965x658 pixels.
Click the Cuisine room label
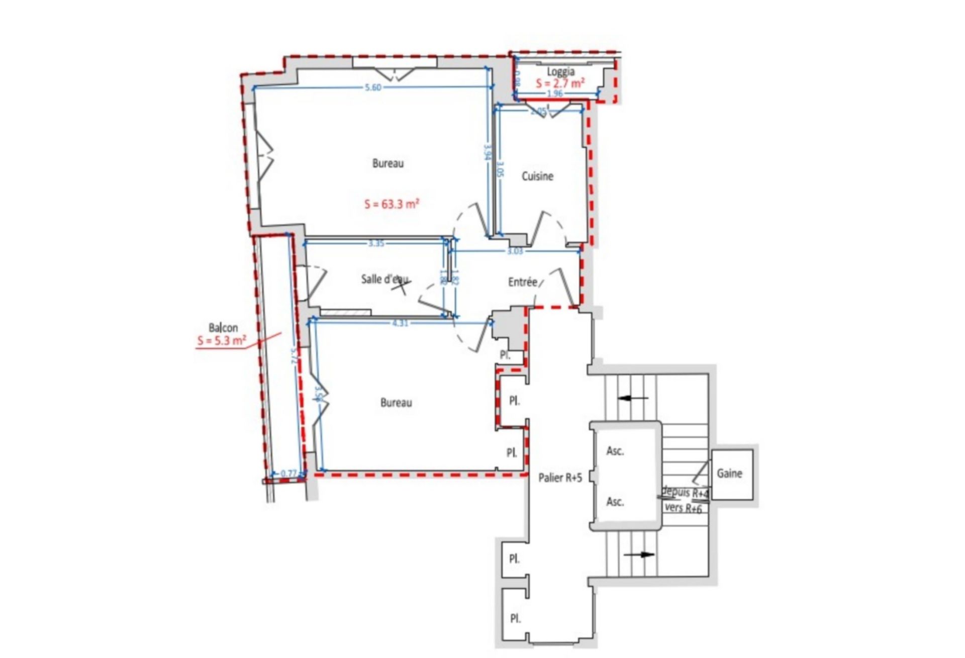[537, 176]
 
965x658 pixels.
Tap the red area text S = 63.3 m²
[392, 204]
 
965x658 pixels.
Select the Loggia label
[560, 72]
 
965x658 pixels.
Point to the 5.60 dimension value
[372, 87]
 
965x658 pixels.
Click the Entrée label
[522, 282]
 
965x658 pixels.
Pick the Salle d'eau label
[385, 279]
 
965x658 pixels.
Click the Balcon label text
[223, 328]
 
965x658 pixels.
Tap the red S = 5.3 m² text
[222, 341]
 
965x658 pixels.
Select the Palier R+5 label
[560, 478]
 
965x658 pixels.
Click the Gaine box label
[729, 474]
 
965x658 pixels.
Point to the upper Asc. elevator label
[615, 451]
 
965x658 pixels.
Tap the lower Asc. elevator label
[615, 502]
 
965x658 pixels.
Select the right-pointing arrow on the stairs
[639, 555]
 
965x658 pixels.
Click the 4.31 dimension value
[400, 323]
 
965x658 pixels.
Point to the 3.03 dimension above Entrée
[515, 251]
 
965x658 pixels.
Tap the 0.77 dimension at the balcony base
[289, 473]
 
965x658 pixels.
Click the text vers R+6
[683, 508]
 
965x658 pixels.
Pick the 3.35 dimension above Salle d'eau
[376, 244]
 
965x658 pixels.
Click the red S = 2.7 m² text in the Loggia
[559, 83]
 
